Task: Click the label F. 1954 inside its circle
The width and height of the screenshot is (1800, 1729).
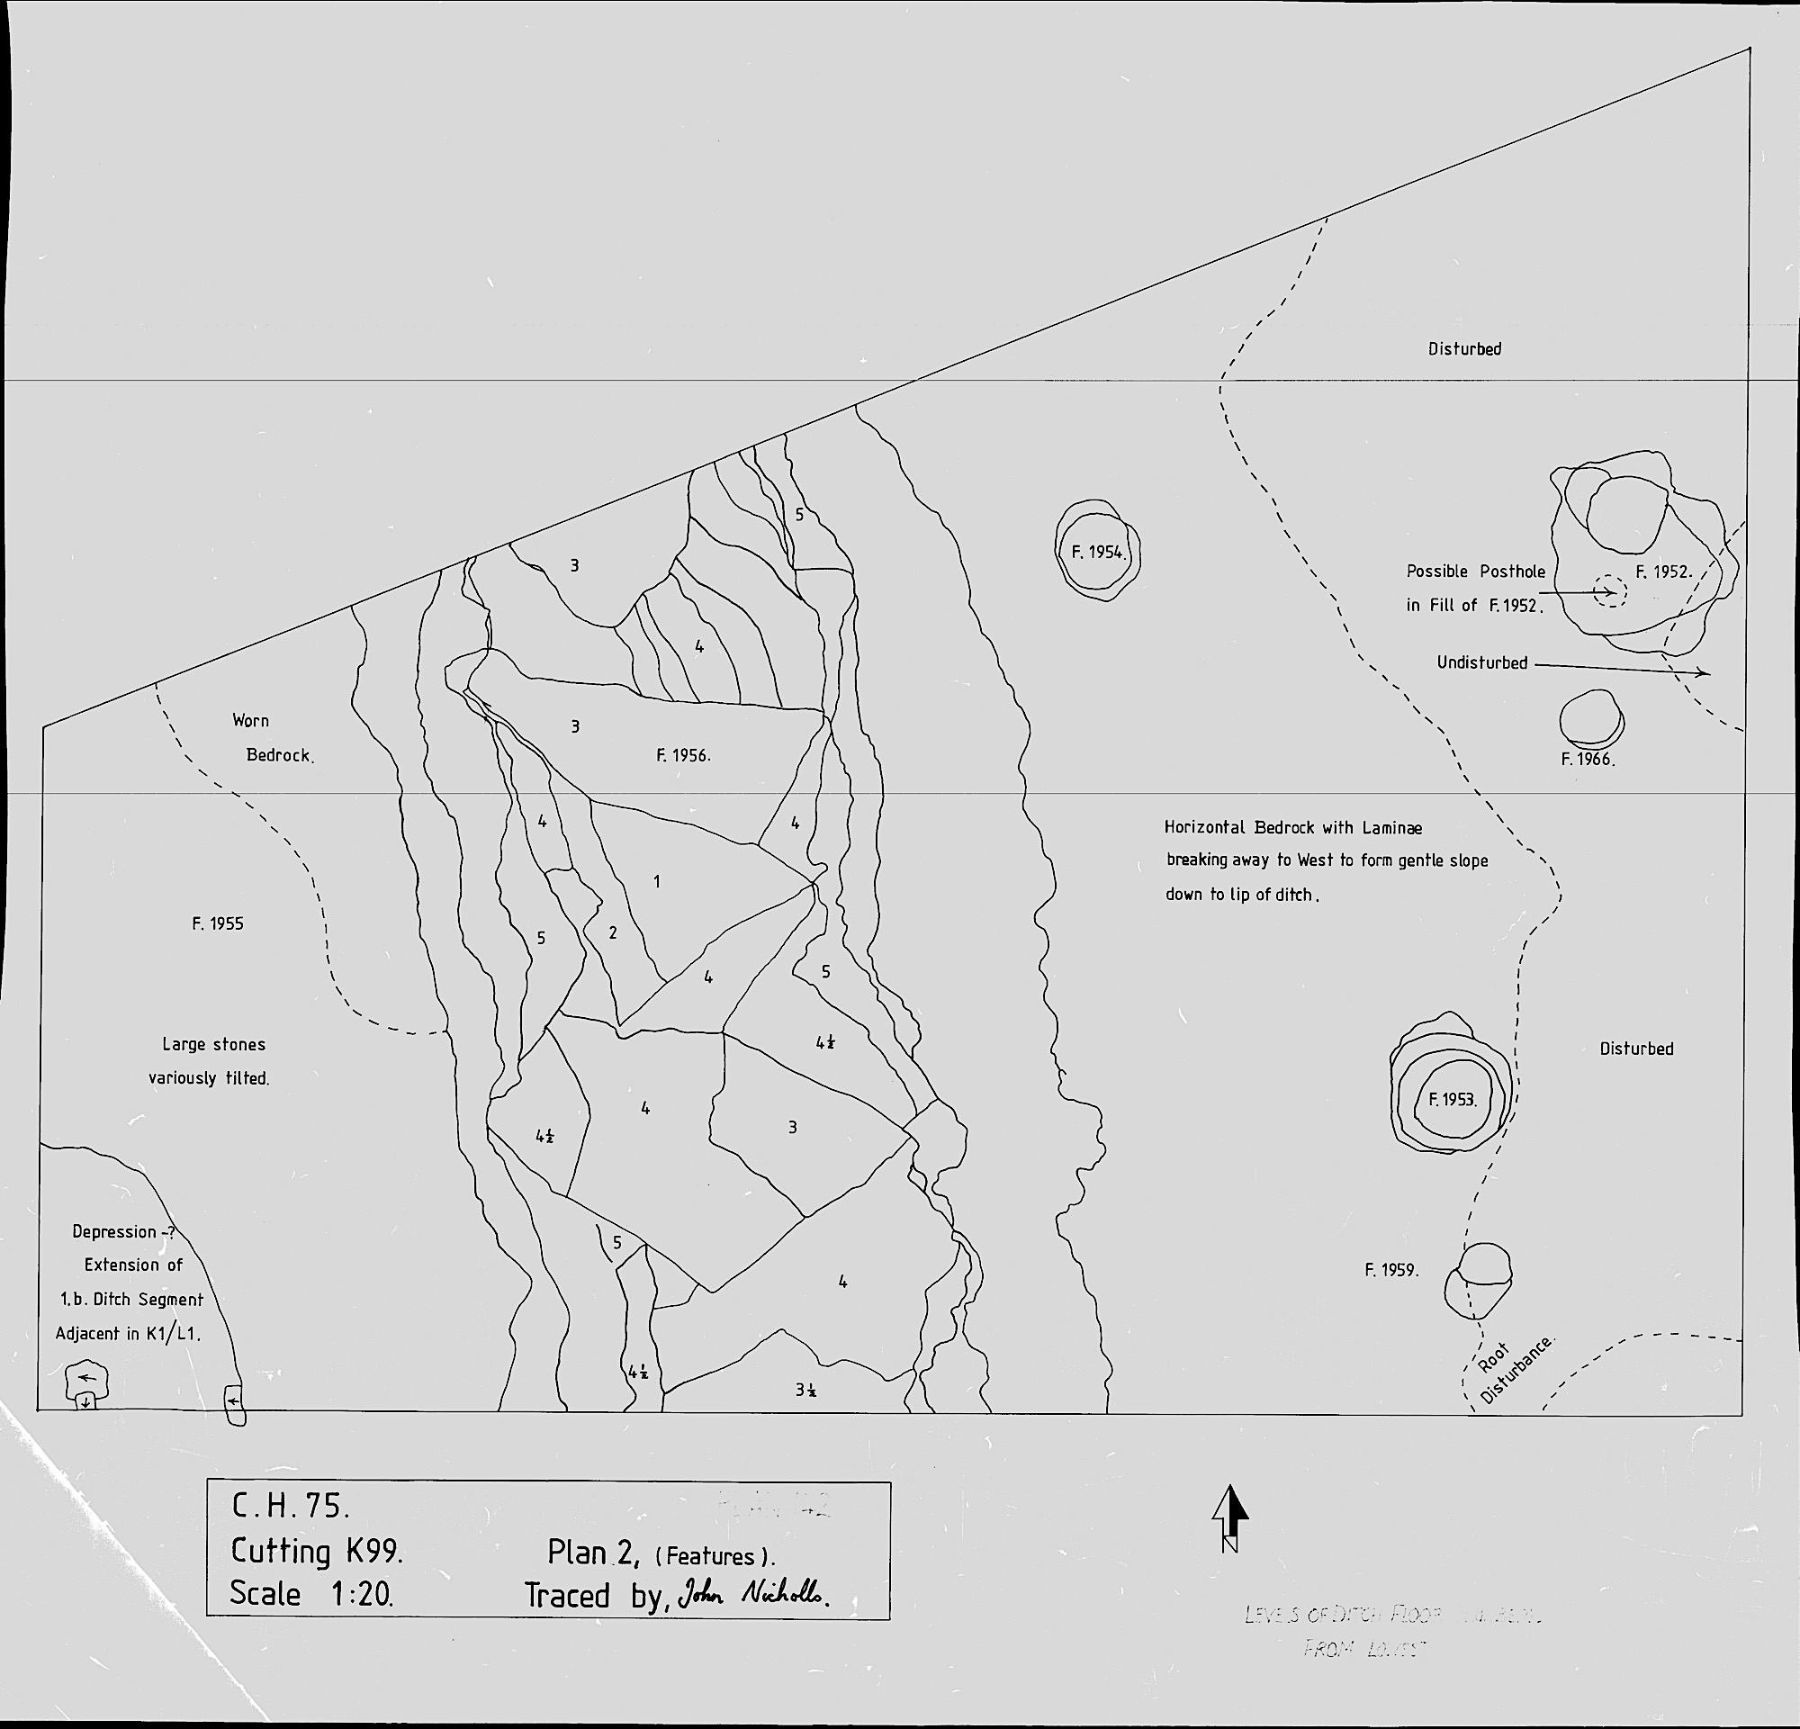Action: pyautogui.click(x=1097, y=552)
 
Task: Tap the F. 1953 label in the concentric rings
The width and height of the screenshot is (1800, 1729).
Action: pyautogui.click(x=1451, y=1099)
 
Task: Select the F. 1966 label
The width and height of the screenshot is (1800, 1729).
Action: pyautogui.click(x=1587, y=760)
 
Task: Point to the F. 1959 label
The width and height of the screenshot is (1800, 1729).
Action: pyautogui.click(x=1391, y=1271)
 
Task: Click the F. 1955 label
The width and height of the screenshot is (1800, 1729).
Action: pyautogui.click(x=218, y=923)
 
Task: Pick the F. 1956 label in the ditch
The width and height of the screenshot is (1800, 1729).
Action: pyautogui.click(x=683, y=756)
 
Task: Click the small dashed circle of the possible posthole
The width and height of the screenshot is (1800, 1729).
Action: pyautogui.click(x=1609, y=590)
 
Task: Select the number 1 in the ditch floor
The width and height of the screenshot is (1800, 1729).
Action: pyautogui.click(x=657, y=881)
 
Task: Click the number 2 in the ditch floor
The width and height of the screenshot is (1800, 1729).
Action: pyautogui.click(x=613, y=934)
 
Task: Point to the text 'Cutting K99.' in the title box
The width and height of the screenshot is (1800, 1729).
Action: pyautogui.click(x=317, y=1551)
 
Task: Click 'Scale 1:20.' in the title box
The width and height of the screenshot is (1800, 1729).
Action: pyautogui.click(x=311, y=1594)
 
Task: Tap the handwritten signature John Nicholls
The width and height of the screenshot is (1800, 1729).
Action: pyautogui.click(x=753, y=1595)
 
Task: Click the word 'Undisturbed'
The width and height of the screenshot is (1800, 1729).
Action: pyautogui.click(x=1481, y=663)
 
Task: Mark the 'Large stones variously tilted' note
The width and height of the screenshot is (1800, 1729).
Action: pyautogui.click(x=211, y=1061)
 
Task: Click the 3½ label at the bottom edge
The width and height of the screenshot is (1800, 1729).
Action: pyautogui.click(x=806, y=1391)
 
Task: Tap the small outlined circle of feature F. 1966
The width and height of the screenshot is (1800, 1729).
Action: pyautogui.click(x=1590, y=719)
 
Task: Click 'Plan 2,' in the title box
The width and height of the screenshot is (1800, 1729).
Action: pyautogui.click(x=592, y=1552)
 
